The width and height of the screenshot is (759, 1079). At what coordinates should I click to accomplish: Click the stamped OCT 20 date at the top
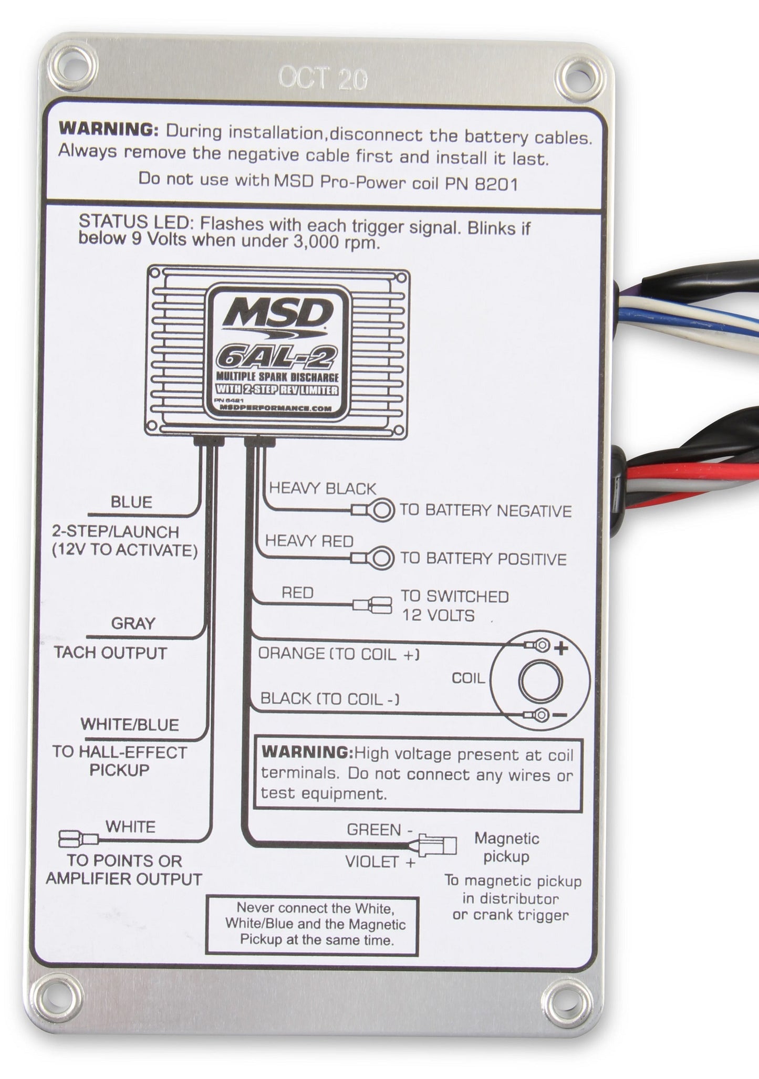pyautogui.click(x=323, y=79)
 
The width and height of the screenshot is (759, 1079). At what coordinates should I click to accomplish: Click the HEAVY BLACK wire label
pyautogui.click(x=323, y=489)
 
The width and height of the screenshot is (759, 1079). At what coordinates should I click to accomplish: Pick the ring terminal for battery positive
pyautogui.click(x=382, y=558)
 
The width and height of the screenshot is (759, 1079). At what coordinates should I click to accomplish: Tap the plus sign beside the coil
pyautogui.click(x=562, y=649)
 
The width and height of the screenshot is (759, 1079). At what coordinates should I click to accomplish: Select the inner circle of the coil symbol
pyautogui.click(x=540, y=682)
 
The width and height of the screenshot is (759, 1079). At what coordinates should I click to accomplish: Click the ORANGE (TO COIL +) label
pyautogui.click(x=339, y=654)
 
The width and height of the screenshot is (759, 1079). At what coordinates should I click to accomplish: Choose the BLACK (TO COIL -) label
pyautogui.click(x=330, y=699)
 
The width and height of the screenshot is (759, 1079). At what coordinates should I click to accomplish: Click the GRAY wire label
pyautogui.click(x=133, y=624)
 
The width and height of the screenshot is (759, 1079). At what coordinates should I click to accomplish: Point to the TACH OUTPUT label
pyautogui.click(x=111, y=653)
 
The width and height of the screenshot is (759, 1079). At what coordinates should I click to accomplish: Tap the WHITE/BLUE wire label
pyautogui.click(x=130, y=725)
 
